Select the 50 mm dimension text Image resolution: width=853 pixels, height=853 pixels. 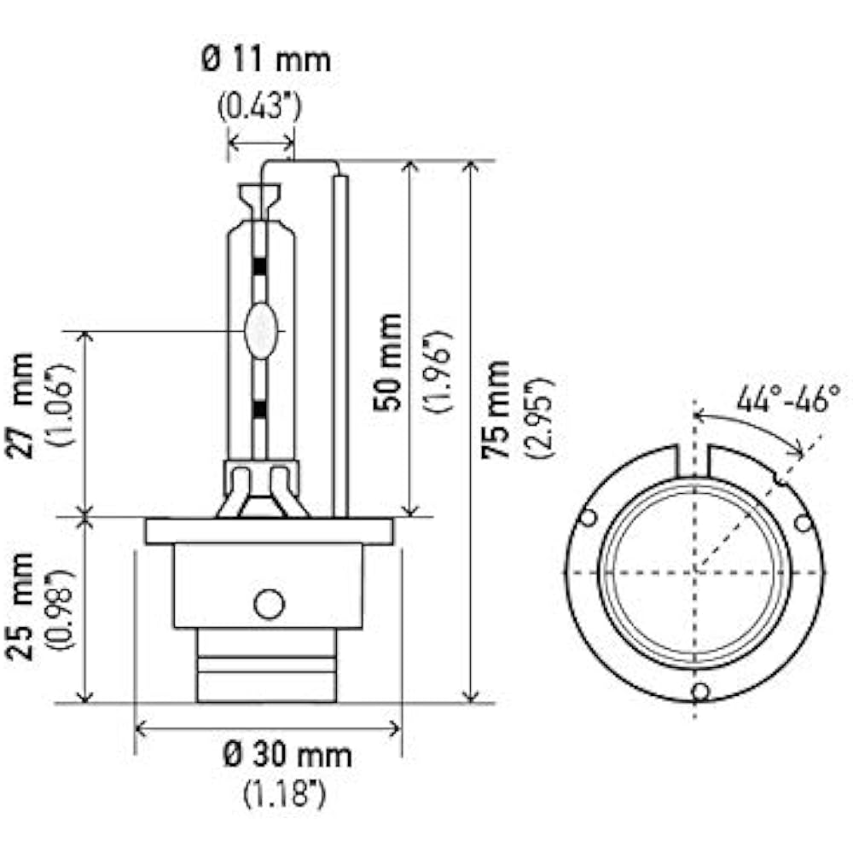tap(388, 362)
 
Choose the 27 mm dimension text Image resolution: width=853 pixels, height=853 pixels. tap(22, 406)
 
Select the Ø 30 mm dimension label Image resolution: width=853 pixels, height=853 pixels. tap(287, 756)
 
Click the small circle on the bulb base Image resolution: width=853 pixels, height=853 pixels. tap(269, 604)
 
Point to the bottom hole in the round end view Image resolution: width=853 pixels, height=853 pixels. tap(700, 691)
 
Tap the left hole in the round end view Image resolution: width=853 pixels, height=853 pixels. tap(587, 518)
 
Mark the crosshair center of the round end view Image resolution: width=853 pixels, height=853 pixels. tap(694, 570)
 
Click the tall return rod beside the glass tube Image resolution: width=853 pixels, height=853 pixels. tap(340, 341)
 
